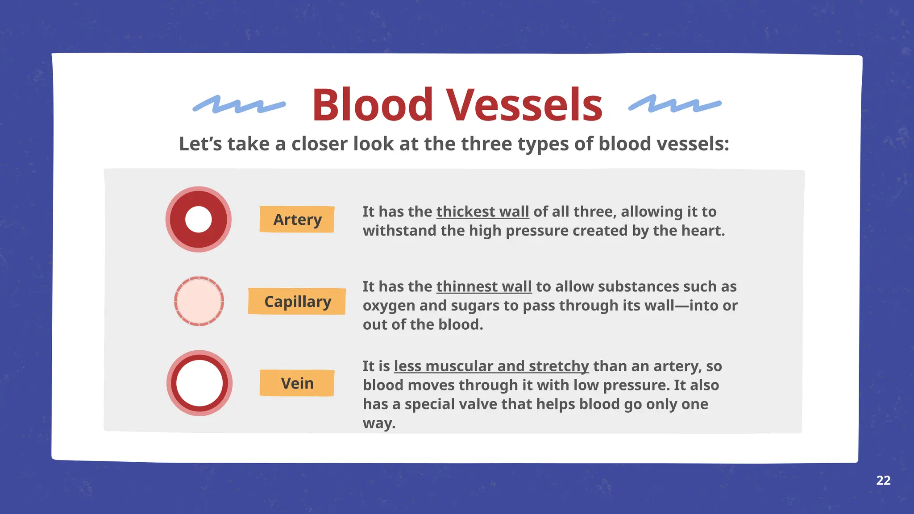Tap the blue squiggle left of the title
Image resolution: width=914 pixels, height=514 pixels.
point(239,104)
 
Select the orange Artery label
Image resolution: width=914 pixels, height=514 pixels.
point(297,219)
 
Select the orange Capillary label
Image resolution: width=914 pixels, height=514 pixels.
point(297,301)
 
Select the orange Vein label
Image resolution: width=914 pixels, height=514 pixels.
point(297,383)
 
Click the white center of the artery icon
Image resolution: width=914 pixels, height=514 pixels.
point(198,219)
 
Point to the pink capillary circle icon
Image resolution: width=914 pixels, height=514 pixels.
point(199,301)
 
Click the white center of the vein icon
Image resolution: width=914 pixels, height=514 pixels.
point(199,383)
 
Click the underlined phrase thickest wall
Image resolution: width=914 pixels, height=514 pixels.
point(482,211)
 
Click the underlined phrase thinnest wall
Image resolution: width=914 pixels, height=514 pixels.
point(484,286)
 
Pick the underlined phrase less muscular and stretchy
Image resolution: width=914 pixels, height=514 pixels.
point(491,366)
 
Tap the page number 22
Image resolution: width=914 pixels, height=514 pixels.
point(883,480)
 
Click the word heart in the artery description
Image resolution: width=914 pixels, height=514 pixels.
point(706,231)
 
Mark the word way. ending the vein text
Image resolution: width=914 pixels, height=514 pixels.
point(379,423)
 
